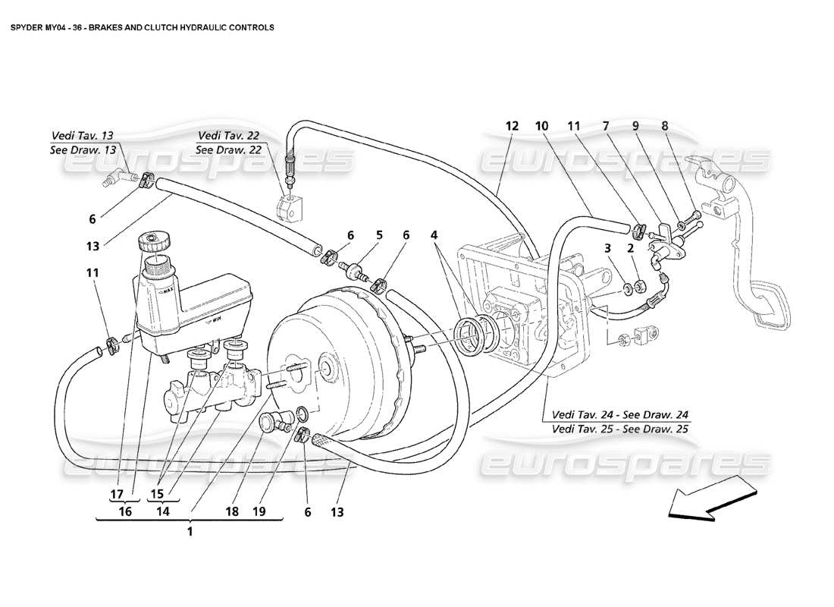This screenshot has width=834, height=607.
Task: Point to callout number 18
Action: click(x=231, y=512)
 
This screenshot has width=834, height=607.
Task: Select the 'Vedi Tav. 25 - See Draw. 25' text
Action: click(x=621, y=428)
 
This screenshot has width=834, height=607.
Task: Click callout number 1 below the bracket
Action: click(x=190, y=532)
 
